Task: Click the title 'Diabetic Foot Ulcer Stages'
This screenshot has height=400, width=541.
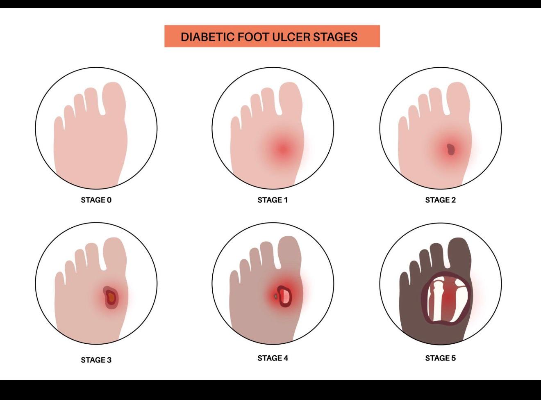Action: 269,37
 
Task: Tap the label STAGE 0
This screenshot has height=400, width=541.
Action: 96,200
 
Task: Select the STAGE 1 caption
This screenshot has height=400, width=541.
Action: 273,200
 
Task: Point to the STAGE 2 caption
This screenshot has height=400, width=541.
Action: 440,200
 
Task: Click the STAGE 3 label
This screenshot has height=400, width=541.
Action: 96,360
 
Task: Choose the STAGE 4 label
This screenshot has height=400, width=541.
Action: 273,358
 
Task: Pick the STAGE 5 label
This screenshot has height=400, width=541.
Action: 440,358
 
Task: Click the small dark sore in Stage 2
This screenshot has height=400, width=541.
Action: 451,149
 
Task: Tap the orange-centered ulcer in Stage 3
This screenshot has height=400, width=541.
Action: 111,298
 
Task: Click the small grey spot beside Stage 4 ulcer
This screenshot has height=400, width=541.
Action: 275,297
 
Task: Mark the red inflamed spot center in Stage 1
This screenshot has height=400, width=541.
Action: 283,149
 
